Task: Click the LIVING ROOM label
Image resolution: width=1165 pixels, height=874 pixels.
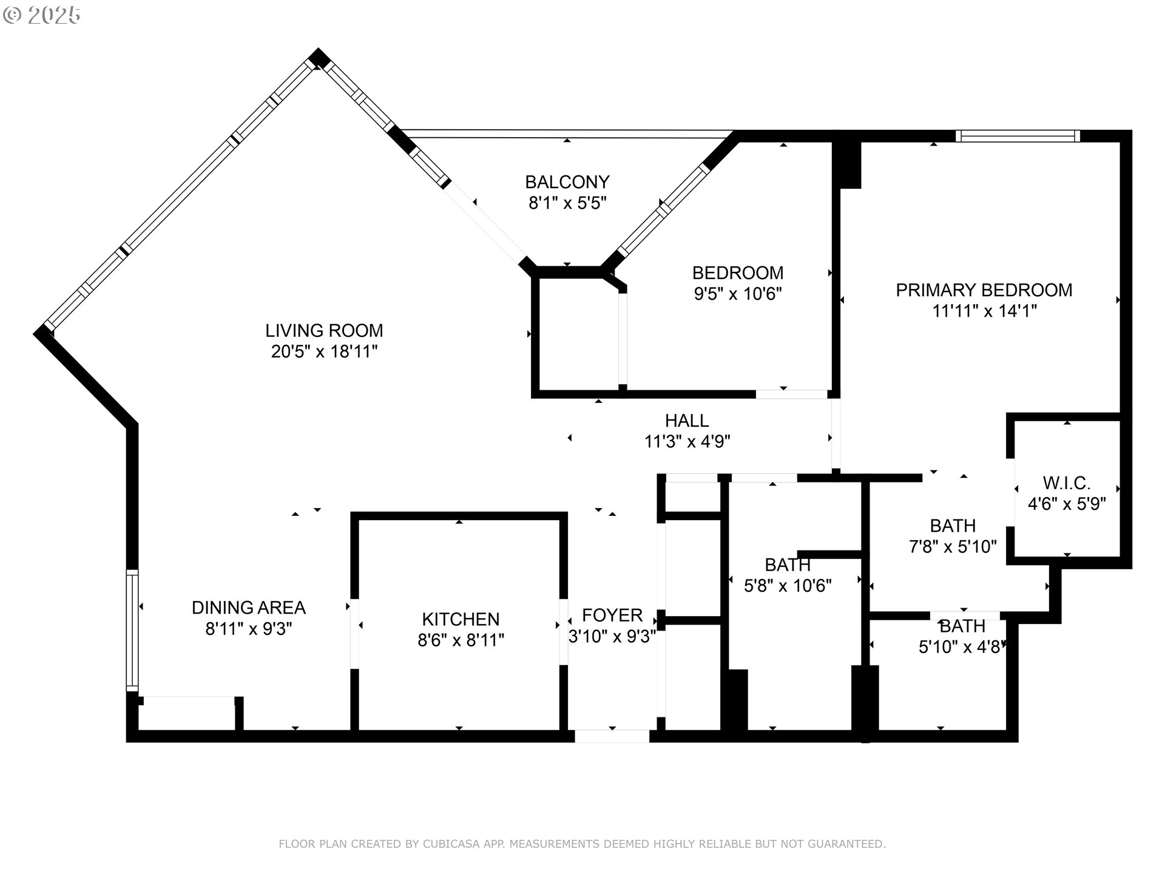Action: (x=324, y=331)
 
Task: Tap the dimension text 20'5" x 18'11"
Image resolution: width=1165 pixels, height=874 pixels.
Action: (x=324, y=351)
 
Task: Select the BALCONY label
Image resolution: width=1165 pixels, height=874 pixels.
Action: (x=567, y=182)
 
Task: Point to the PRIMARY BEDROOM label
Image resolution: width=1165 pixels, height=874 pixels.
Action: (x=984, y=290)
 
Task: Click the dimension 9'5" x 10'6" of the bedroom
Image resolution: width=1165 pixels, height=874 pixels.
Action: (x=737, y=294)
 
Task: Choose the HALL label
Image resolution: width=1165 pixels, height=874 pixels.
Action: (x=686, y=421)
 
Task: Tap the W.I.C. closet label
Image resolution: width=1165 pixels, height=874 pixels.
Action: (x=1066, y=483)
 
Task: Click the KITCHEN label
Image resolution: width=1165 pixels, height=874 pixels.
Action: (x=461, y=619)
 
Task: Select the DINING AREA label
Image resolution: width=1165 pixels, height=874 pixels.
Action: (x=248, y=608)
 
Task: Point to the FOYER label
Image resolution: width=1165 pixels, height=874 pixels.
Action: (x=612, y=615)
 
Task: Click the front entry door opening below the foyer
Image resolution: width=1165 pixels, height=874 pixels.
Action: (x=612, y=736)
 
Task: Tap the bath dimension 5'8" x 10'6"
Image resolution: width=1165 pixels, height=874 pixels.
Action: (x=787, y=586)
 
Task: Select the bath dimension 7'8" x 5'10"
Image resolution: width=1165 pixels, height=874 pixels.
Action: (x=952, y=547)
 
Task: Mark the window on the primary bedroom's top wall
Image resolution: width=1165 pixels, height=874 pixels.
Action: (x=1017, y=136)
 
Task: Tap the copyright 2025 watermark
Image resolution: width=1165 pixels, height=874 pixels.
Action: (x=42, y=15)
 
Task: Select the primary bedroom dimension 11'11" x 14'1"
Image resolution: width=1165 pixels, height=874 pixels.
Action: (x=984, y=311)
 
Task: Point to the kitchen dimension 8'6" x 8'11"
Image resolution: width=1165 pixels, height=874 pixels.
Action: (x=461, y=640)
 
